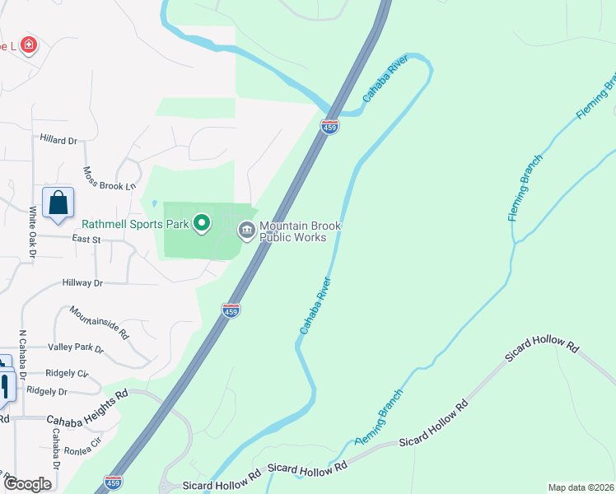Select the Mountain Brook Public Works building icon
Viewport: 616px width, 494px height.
coord(246,231)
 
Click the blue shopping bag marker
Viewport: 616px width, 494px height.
coord(58,203)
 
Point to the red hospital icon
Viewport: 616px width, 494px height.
coord(29,44)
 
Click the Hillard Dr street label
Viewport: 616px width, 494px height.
coord(58,140)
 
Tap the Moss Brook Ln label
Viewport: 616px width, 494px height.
coord(109,179)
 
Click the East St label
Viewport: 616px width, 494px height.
coord(86,239)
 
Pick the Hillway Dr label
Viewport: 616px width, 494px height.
coord(82,282)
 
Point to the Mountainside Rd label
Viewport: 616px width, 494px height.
coord(100,322)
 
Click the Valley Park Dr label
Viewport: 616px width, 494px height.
coord(76,349)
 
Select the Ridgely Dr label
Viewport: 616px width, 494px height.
coord(46,391)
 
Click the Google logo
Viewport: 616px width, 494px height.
coord(28,484)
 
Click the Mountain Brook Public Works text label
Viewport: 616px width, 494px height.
coord(300,231)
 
